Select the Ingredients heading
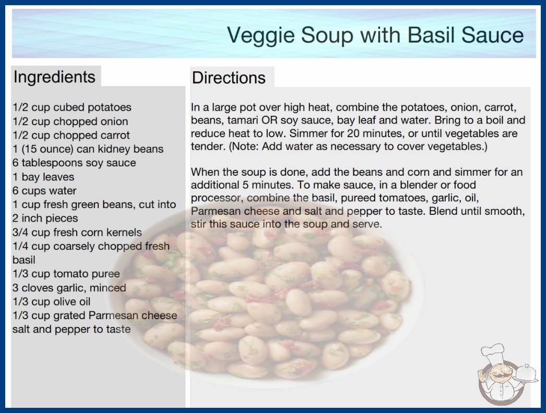tap(54, 77)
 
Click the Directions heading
tap(229, 78)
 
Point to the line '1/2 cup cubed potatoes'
tap(72, 107)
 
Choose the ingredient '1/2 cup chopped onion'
tap(70, 121)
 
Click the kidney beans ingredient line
tap(88, 149)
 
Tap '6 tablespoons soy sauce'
tap(74, 163)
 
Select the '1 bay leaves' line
tap(43, 177)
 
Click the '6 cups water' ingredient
tap(44, 191)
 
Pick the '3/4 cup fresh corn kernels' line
tap(77, 232)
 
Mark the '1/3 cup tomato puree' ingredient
tap(66, 274)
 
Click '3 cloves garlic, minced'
tap(69, 288)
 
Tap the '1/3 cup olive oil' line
tap(52, 301)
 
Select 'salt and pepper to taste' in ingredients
tap(72, 329)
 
